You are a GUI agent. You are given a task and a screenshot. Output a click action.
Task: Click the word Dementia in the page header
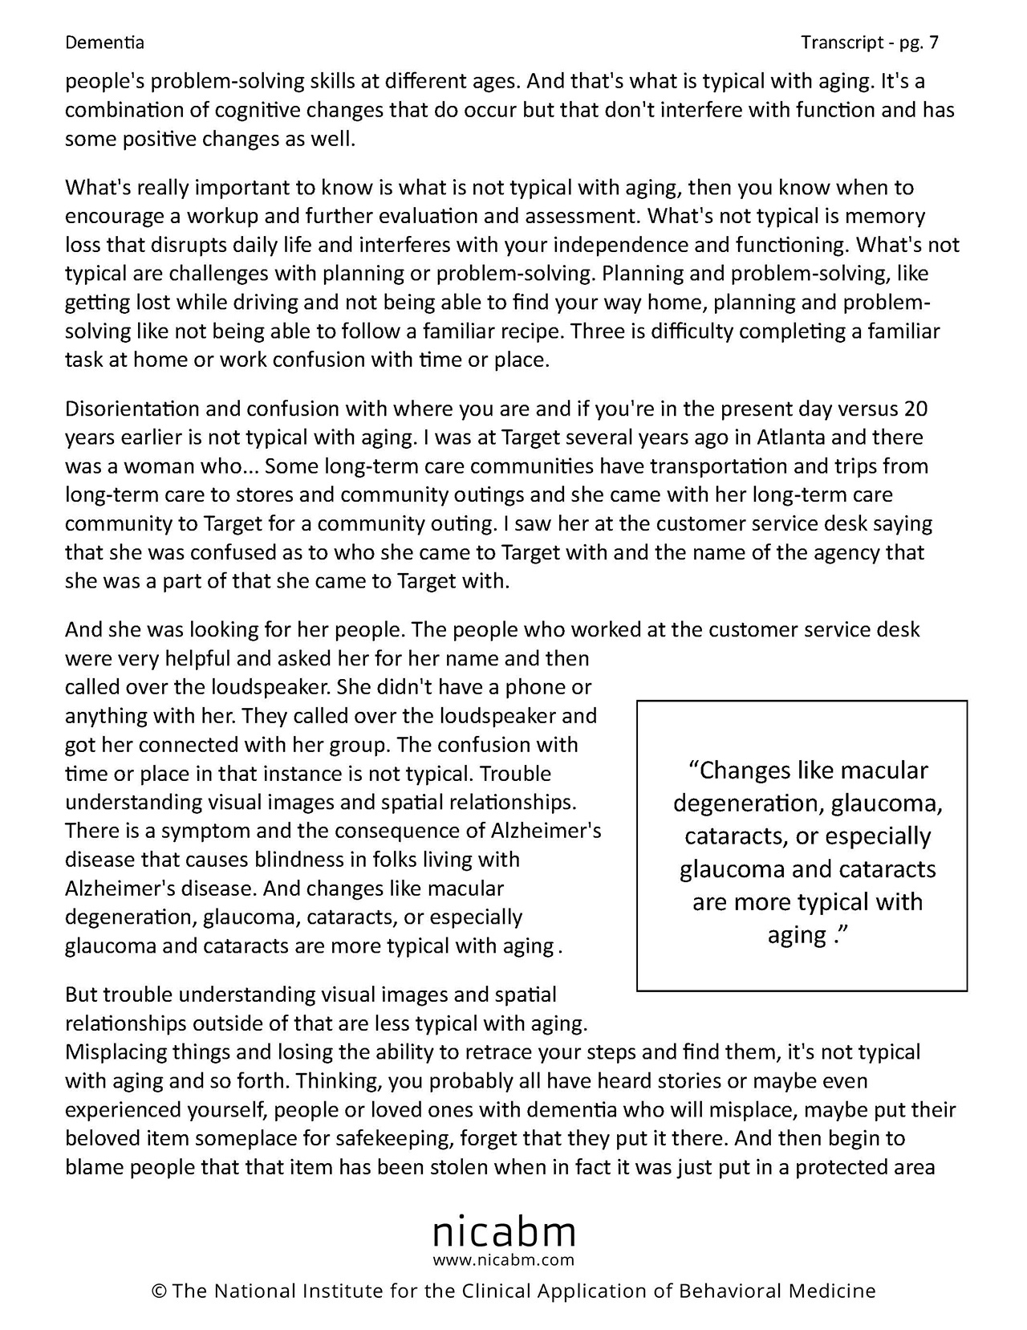click(104, 43)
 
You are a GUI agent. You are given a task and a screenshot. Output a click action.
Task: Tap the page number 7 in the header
click(933, 43)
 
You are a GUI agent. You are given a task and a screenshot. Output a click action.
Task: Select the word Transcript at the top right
click(840, 43)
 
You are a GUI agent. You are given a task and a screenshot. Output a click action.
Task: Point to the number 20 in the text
click(915, 409)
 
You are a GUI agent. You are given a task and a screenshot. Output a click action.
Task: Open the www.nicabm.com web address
click(504, 1259)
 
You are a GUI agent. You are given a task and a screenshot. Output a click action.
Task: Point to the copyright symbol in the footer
click(158, 1291)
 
